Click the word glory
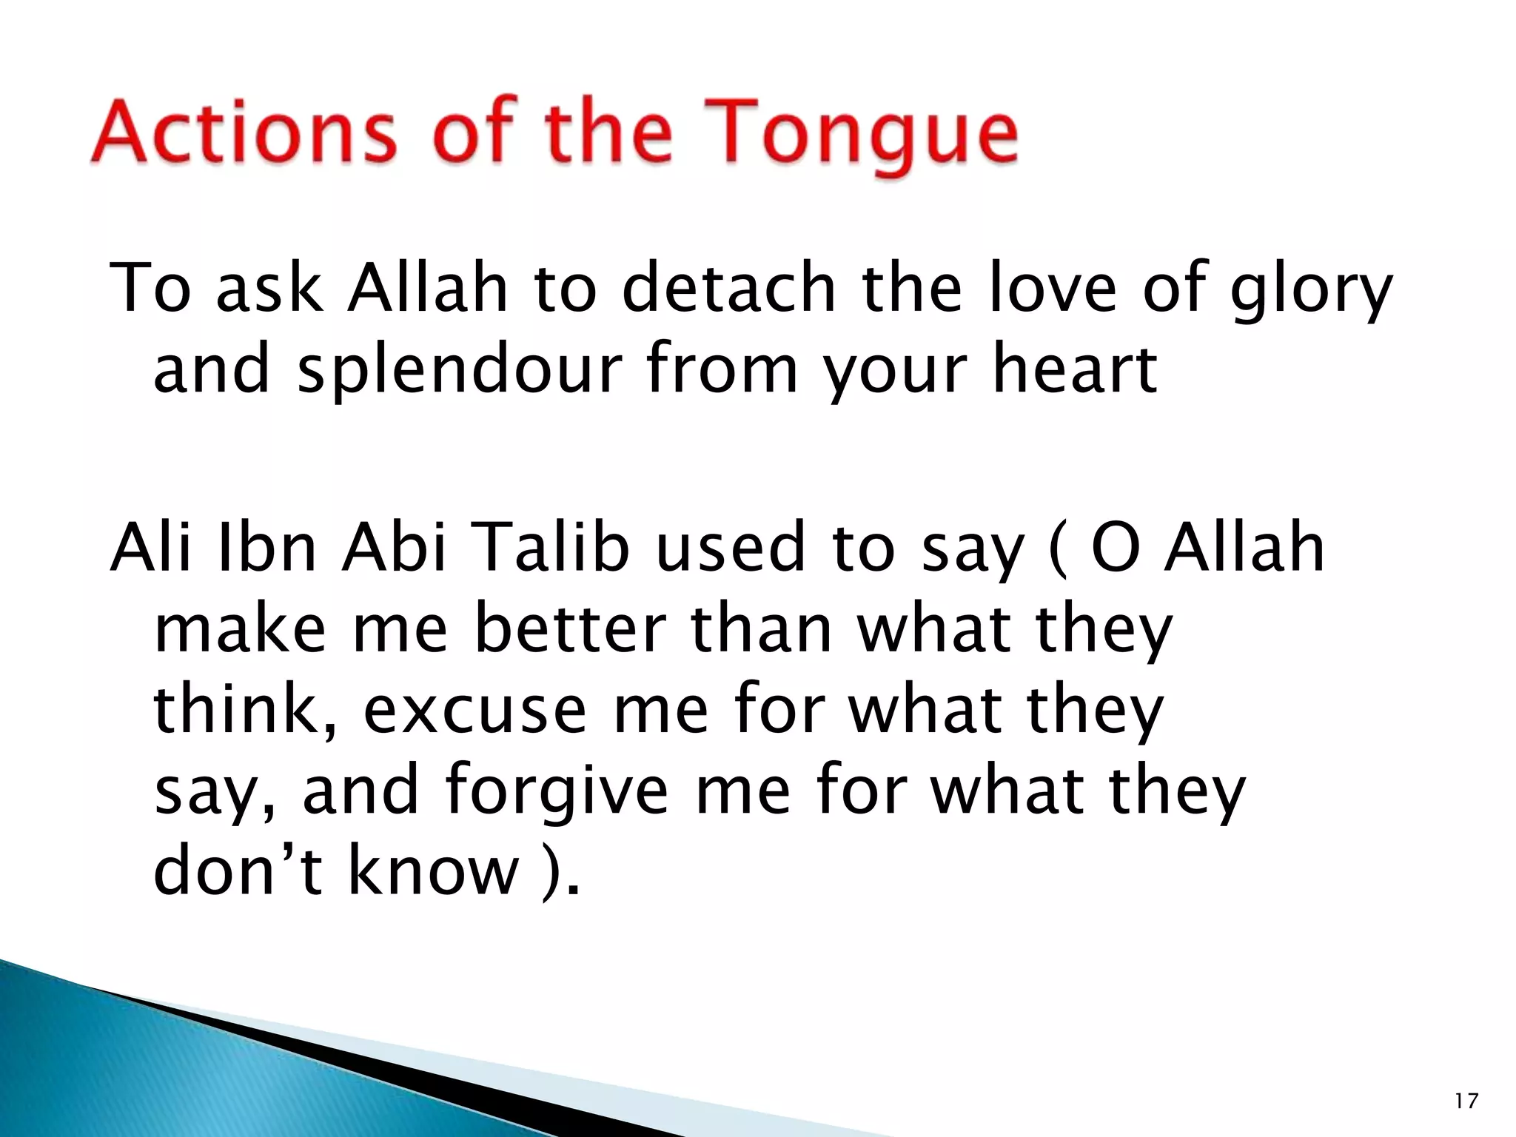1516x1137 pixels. (x=1311, y=291)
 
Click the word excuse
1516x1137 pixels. (x=474, y=711)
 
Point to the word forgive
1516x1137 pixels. (x=557, y=792)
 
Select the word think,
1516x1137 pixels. (x=245, y=710)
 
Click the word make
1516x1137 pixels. (x=240, y=630)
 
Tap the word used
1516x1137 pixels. (x=730, y=548)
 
